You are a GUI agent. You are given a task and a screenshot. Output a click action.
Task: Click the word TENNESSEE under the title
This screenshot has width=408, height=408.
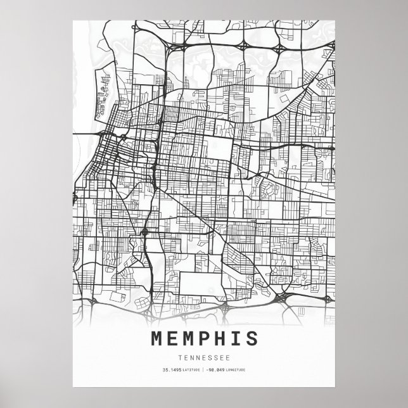(204, 357)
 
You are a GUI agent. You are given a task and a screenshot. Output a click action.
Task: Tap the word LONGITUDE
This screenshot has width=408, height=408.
(238, 369)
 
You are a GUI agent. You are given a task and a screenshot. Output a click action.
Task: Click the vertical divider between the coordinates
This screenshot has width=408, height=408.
(205, 369)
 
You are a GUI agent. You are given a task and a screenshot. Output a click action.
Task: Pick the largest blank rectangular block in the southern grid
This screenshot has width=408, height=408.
(196, 283)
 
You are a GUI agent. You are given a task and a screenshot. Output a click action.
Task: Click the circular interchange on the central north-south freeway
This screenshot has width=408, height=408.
(145, 233)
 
